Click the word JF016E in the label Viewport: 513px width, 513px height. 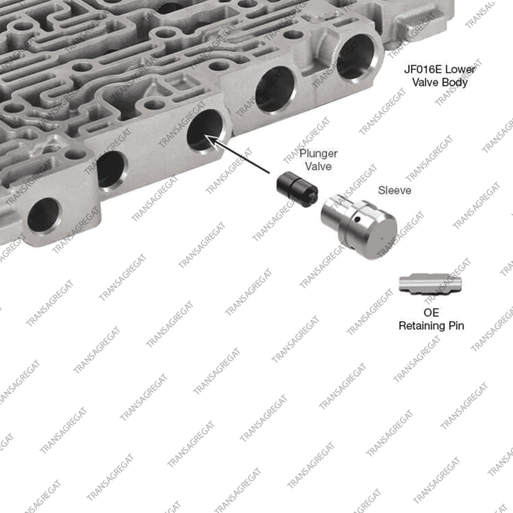(423, 69)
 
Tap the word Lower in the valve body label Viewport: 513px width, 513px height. (461, 69)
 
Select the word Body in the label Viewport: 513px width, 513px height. (456, 83)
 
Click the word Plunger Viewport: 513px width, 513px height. (319, 154)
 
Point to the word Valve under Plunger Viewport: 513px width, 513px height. (319, 166)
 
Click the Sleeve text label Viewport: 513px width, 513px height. (394, 190)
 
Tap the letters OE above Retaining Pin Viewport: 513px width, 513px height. (431, 313)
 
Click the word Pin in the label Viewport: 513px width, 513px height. (456, 326)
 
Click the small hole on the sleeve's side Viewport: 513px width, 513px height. (358, 219)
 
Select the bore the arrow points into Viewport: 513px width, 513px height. (205, 130)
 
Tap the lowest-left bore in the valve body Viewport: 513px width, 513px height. (44, 216)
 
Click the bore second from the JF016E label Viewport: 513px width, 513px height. (275, 89)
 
